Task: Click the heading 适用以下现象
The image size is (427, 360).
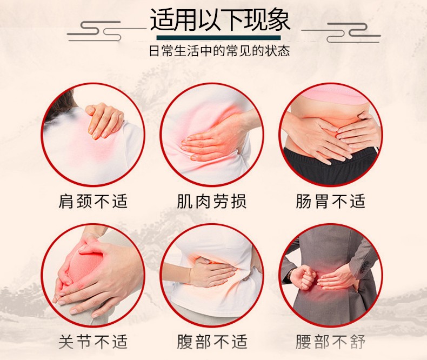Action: (220, 20)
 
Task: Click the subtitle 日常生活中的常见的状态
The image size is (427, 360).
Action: (219, 51)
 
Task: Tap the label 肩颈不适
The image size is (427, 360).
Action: (93, 201)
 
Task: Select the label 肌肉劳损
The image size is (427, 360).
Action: (212, 201)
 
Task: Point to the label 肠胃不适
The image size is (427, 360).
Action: (330, 201)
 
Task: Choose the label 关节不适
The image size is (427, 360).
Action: (93, 342)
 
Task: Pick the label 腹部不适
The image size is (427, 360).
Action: (212, 342)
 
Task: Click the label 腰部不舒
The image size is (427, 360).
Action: (330, 342)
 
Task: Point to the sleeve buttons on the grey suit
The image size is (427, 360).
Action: (364, 268)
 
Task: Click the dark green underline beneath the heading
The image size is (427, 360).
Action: (218, 38)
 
